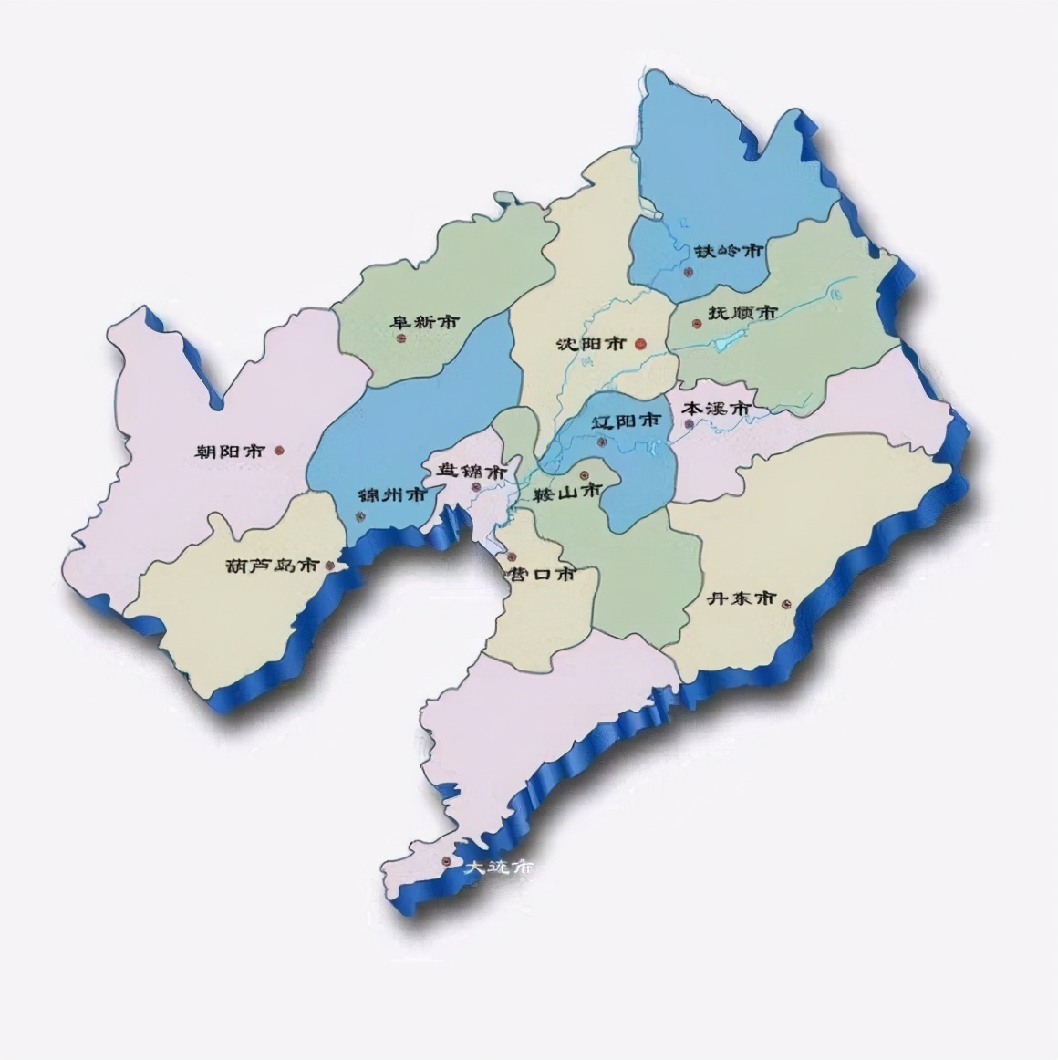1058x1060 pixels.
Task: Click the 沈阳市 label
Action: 590,344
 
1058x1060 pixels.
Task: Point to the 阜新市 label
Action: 424,322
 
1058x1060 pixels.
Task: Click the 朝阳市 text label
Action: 230,451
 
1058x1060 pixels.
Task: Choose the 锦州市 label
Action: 392,495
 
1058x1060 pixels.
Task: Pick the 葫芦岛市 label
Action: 271,566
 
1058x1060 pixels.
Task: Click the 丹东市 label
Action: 742,598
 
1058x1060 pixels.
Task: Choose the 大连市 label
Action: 498,866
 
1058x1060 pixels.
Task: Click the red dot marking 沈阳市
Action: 640,344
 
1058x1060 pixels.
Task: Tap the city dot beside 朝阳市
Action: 279,450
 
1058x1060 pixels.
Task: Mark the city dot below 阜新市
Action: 400,339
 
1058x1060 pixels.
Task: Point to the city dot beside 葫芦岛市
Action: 329,566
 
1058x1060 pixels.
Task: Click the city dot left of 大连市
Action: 446,861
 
